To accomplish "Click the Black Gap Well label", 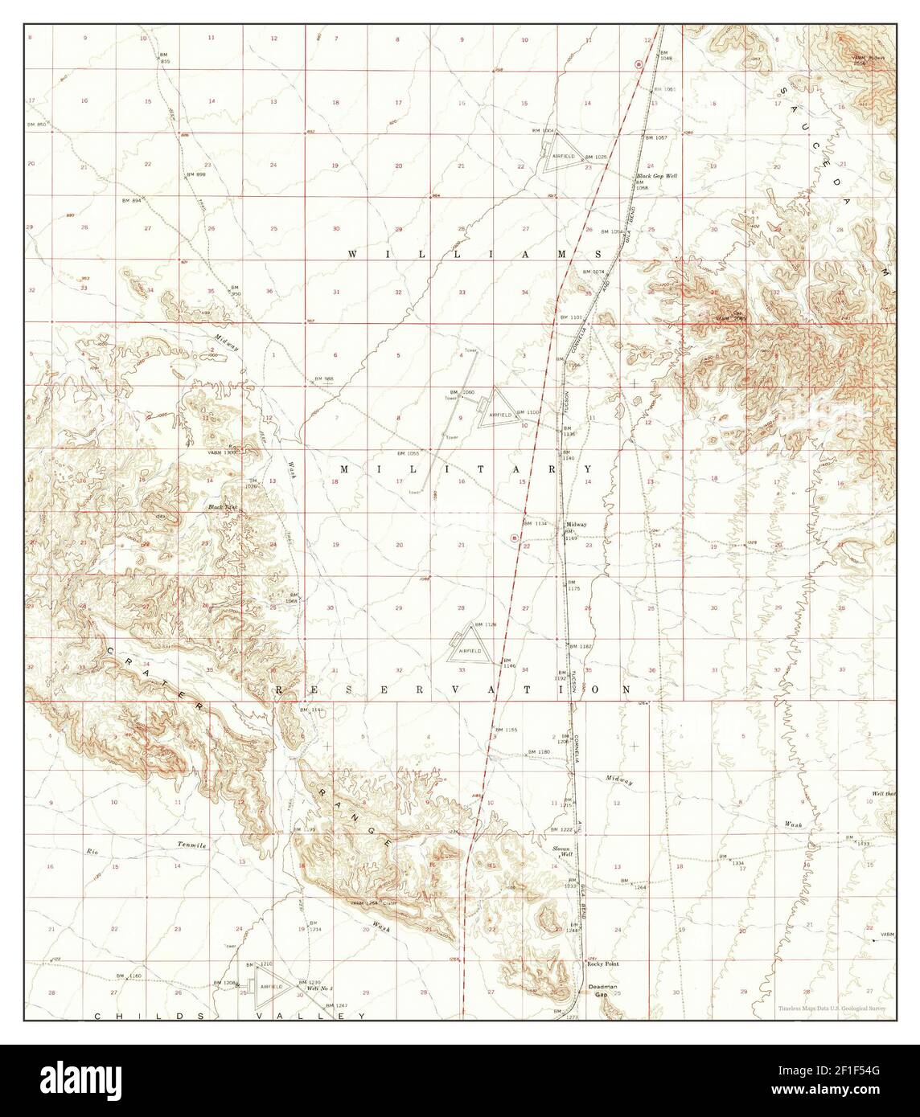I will (655, 175).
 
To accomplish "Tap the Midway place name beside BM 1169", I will (576, 524).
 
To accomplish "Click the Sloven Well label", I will (561, 853).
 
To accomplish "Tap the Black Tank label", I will (219, 508).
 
